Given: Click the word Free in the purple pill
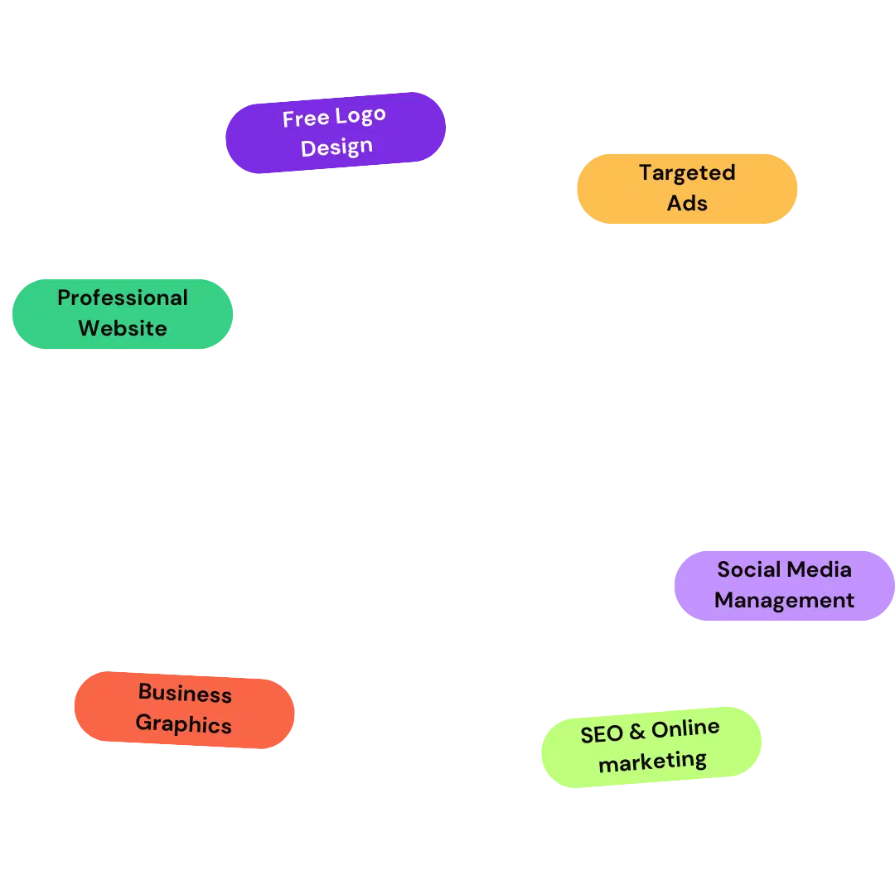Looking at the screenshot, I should tap(305, 119).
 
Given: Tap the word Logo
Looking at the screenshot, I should tap(360, 116).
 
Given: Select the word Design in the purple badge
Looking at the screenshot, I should tap(336, 148).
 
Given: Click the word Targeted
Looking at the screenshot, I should tap(687, 173).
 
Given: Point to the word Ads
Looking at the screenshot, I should tap(687, 203).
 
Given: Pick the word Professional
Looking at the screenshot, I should tap(123, 298).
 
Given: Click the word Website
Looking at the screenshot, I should tap(123, 328).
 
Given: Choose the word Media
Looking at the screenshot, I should tap(820, 569).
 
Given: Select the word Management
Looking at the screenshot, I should tap(784, 600).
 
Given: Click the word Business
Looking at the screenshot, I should tap(185, 693).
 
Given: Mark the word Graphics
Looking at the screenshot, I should tap(183, 723).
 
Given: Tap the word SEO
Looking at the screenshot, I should tap(602, 734).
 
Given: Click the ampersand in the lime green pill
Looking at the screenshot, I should tap(636, 733).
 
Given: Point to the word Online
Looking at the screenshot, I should tap(685, 729).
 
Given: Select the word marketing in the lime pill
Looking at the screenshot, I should tap(652, 761).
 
